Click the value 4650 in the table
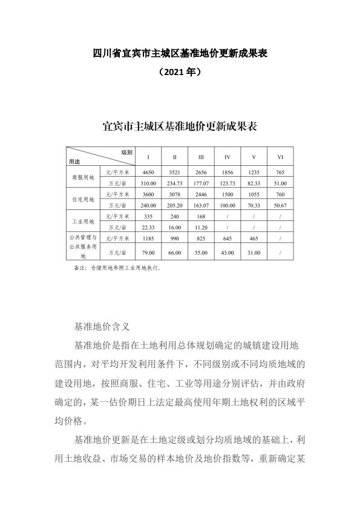pyautogui.click(x=148, y=172)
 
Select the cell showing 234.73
pyautogui.click(x=174, y=183)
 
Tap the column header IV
pyautogui.click(x=227, y=157)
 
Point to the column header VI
pyautogui.click(x=280, y=157)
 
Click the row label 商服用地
pyautogui.click(x=83, y=177)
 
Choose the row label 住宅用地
pyautogui.click(x=83, y=199)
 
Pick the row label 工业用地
pyautogui.click(x=83, y=222)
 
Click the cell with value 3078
pyautogui.click(x=174, y=194)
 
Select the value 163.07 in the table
pyautogui.click(x=201, y=205)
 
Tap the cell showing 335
pyautogui.click(x=148, y=215)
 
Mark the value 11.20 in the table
pyautogui.click(x=201, y=227)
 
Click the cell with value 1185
pyautogui.click(x=148, y=238)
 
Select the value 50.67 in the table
pyautogui.click(x=280, y=205)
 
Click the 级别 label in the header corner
pyautogui.click(x=126, y=151)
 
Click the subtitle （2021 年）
pyautogui.click(x=180, y=71)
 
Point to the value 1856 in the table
pyautogui.click(x=227, y=172)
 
